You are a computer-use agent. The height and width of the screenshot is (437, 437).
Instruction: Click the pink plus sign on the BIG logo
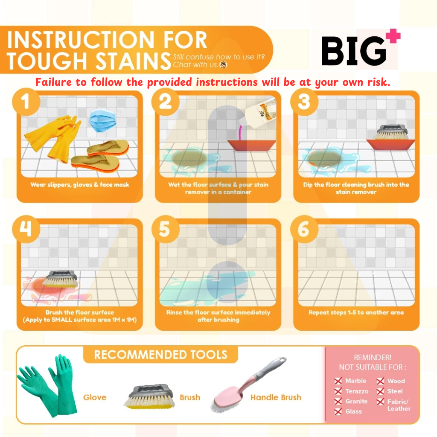[393, 36]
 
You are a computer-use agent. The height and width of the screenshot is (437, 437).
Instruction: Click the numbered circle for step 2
[165, 102]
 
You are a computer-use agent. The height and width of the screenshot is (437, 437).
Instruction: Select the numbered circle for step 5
[165, 229]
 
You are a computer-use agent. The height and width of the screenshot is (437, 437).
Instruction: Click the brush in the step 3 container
[392, 132]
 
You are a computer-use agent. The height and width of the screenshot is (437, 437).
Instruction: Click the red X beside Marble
[338, 381]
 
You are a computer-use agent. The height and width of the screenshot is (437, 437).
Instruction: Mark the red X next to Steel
[380, 391]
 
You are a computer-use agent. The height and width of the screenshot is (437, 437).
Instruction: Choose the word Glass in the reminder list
[354, 411]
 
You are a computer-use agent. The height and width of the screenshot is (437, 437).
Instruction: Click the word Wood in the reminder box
[396, 381]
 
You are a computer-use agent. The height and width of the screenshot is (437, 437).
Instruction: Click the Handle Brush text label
[276, 397]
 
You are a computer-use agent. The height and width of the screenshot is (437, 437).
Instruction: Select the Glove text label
[95, 397]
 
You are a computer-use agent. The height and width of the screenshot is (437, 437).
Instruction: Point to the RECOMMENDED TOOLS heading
[160, 355]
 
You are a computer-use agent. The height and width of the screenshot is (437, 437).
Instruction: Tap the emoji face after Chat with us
[223, 65]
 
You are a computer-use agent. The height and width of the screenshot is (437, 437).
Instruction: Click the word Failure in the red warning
[53, 82]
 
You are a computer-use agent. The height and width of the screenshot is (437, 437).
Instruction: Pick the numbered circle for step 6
[304, 229]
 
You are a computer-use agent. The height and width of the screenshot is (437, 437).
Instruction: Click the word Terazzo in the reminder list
[357, 391]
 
